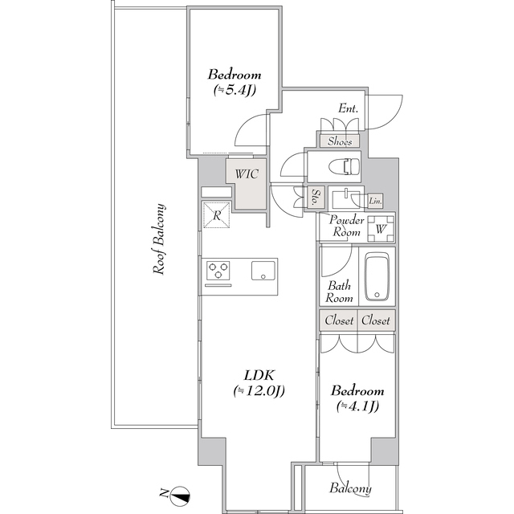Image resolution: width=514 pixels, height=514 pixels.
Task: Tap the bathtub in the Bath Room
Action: click(377, 276)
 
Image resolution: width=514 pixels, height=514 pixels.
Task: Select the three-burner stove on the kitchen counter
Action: click(218, 271)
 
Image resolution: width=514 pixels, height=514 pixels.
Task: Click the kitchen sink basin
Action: click(263, 271)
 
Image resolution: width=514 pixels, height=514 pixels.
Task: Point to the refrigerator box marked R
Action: click(217, 215)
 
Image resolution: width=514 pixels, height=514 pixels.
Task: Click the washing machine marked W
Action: click(381, 228)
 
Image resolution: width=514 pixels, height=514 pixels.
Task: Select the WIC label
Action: click(247, 173)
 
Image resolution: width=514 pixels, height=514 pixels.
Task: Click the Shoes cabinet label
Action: click(340, 141)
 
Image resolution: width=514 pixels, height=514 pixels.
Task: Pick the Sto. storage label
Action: click(316, 197)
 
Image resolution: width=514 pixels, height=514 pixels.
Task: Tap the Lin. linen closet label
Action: click(375, 201)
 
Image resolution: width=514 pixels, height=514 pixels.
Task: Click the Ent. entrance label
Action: click(348, 108)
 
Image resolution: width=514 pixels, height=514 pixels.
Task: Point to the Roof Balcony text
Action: click(159, 239)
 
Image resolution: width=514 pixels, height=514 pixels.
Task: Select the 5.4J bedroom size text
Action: click(235, 90)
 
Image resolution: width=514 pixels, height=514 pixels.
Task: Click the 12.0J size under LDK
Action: click(259, 391)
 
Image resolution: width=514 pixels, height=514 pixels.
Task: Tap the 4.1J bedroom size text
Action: click(357, 406)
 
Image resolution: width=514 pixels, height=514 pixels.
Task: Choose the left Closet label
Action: click(339, 320)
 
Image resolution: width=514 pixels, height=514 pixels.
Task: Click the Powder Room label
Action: click(346, 226)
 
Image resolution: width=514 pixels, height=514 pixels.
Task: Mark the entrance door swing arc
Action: click(392, 117)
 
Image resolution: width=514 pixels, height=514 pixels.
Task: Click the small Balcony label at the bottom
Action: click(350, 488)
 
